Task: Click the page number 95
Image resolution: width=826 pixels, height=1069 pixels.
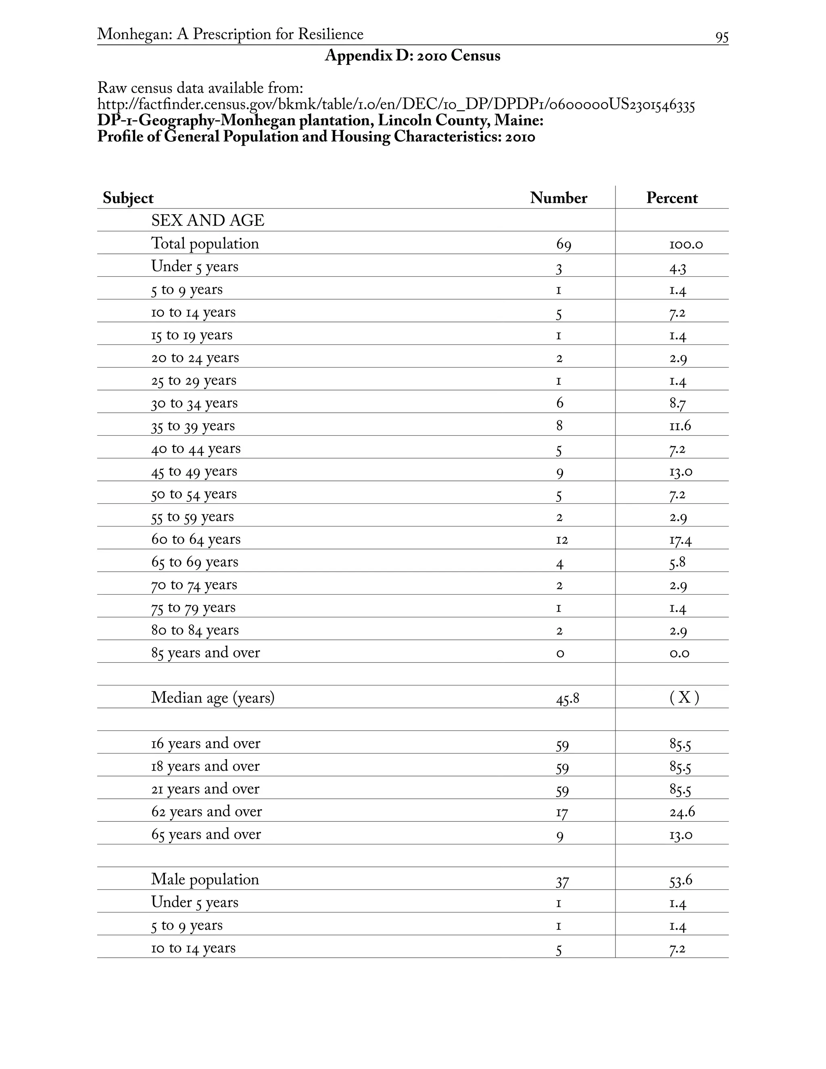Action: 721,37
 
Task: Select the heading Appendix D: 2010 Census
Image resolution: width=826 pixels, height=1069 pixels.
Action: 413,56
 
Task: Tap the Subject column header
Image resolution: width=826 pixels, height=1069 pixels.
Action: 128,198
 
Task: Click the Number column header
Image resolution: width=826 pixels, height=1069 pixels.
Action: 558,198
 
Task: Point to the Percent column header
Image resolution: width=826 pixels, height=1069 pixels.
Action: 672,198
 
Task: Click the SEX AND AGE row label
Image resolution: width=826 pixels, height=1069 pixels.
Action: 207,221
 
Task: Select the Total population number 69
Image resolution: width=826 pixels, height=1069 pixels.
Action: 563,244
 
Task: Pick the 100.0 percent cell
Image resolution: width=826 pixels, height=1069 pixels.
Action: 686,244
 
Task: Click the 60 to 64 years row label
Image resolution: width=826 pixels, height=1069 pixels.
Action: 196,539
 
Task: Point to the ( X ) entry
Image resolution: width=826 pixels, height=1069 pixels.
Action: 684,697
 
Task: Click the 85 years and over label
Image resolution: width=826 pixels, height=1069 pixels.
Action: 206,653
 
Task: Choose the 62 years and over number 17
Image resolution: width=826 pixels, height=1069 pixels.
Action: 561,813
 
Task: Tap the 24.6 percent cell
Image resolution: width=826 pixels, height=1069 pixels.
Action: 682,812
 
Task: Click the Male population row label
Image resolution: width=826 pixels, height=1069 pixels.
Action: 204,879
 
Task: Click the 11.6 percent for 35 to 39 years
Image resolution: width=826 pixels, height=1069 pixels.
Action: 680,426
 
